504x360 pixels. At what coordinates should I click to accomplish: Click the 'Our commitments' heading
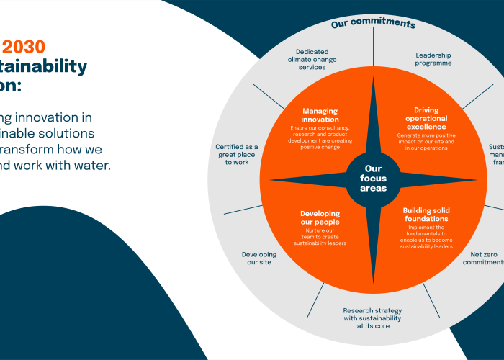coord(373,24)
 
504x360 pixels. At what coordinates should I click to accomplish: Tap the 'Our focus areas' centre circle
coord(373,178)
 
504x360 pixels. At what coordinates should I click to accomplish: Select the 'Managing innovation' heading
coord(320,115)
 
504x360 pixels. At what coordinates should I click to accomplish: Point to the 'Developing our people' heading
coord(320,218)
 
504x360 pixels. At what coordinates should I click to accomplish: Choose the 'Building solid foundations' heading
coord(426,214)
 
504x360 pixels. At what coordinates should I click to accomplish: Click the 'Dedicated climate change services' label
coord(312,59)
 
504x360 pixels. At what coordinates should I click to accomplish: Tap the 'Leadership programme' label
coord(433,59)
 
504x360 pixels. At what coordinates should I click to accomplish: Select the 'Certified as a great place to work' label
coord(236,154)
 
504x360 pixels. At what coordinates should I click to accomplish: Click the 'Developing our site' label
coord(258,258)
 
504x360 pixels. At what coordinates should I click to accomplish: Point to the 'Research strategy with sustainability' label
coord(372,318)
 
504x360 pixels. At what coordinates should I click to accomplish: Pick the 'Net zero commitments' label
coord(483,258)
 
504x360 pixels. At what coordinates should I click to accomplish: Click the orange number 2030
coord(24,48)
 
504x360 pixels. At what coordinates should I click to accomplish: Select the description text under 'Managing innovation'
coord(320,139)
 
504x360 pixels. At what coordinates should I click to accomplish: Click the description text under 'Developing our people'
coord(320,237)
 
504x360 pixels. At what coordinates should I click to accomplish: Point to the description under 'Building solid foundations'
coord(426,237)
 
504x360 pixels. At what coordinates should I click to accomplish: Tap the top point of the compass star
coord(373,81)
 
